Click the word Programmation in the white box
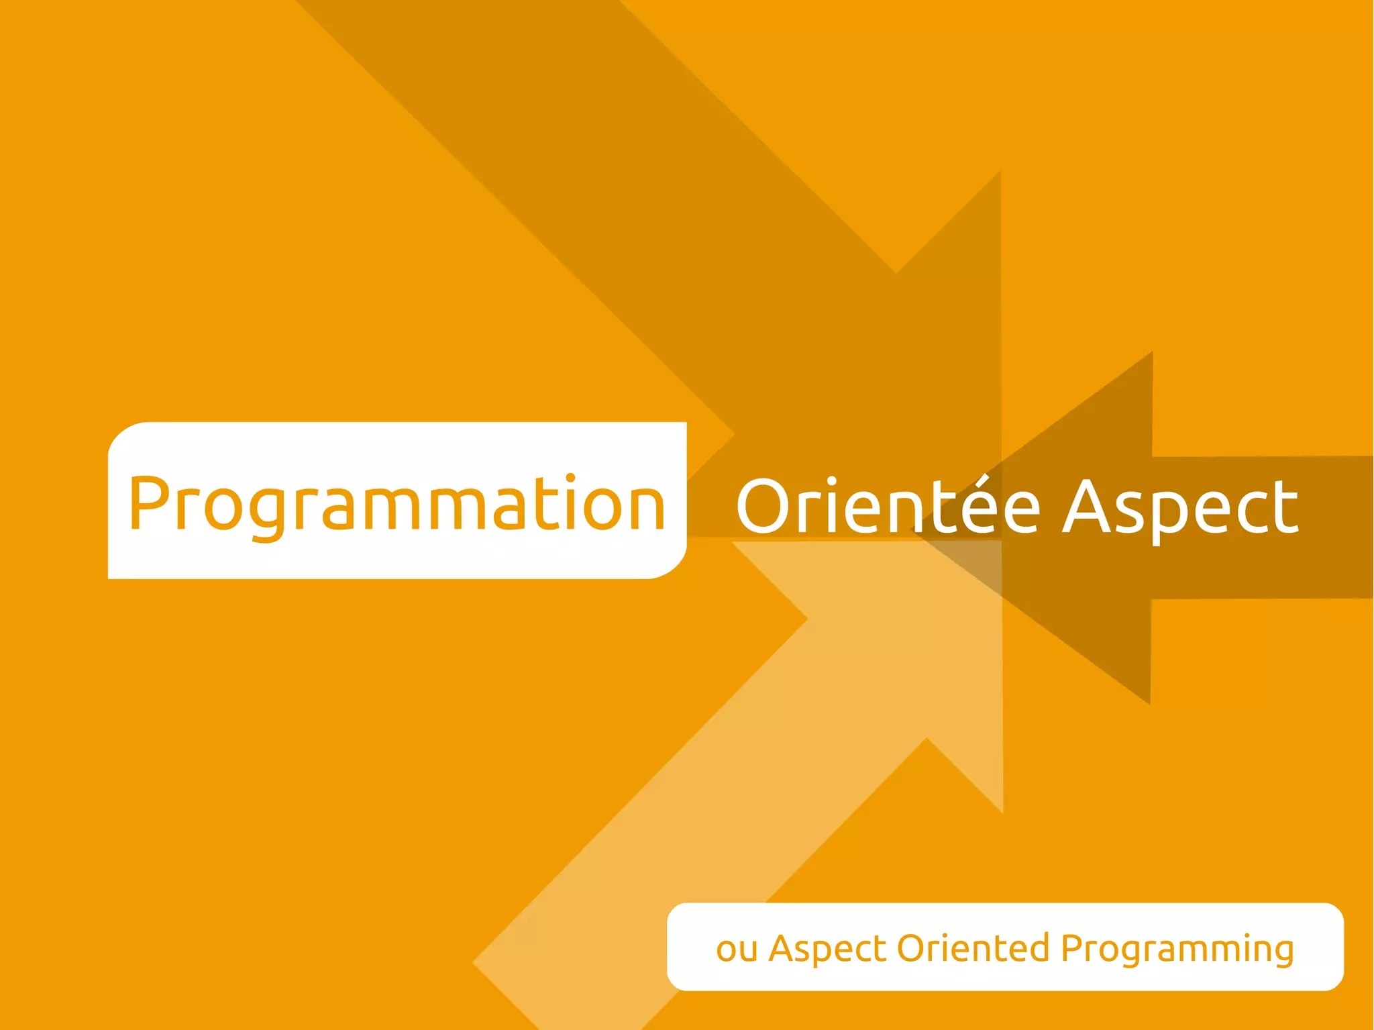(397, 504)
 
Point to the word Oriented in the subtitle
(973, 948)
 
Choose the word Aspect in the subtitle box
(828, 949)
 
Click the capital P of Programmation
(148, 503)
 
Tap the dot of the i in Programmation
(570, 478)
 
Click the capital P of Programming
(1073, 948)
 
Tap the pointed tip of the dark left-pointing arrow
(914, 530)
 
